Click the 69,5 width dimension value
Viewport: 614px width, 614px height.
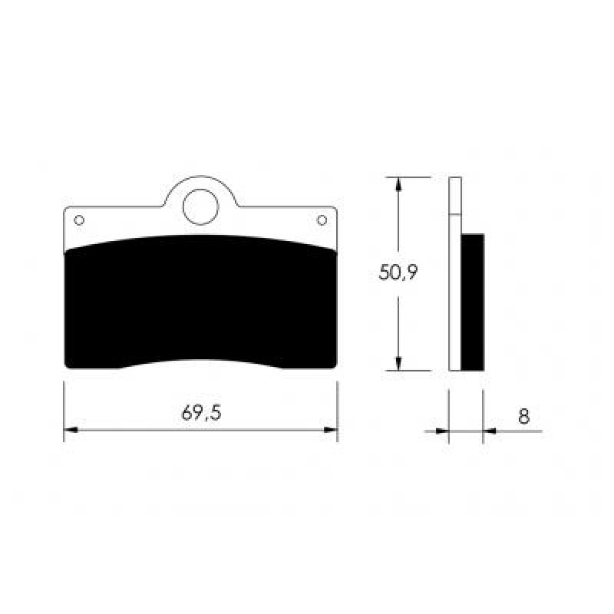[x=201, y=413]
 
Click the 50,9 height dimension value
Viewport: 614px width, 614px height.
[x=398, y=272]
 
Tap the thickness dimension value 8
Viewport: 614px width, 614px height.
[x=524, y=416]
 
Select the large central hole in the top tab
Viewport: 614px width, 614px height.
[x=200, y=207]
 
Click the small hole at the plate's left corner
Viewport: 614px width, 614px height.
[x=79, y=220]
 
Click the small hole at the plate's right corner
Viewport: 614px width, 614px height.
[x=322, y=220]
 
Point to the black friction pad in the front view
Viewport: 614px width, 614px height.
[x=200, y=302]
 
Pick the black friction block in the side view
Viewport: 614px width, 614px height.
[x=473, y=302]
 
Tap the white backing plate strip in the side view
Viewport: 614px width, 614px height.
[x=455, y=274]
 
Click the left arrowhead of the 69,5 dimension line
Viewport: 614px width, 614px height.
[x=71, y=430]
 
